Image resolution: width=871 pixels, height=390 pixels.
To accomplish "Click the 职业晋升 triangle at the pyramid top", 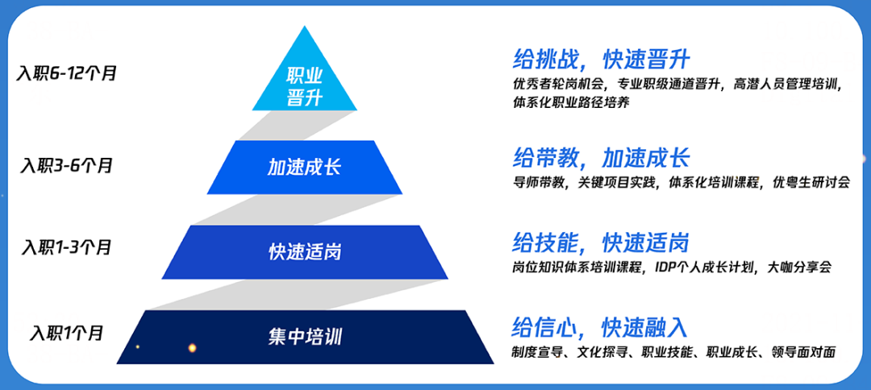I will point(304,85).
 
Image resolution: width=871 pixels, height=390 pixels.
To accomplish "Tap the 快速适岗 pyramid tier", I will point(304,251).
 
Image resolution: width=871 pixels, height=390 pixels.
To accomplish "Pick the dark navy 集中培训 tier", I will point(304,335).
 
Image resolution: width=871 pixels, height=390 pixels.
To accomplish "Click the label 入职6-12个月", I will point(67,73).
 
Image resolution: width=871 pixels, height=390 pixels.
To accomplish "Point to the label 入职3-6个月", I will point(67,165).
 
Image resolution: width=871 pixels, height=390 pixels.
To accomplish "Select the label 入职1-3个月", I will point(67,247).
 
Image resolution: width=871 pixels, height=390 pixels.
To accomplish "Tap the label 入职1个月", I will point(67,332).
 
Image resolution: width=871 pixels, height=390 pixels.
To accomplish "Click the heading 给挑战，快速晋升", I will point(602,59).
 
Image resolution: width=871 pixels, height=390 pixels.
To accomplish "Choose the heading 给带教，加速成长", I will point(602,157).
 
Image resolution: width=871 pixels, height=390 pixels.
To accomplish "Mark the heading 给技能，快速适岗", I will point(602,242).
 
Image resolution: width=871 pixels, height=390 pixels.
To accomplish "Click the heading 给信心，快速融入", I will point(600,327).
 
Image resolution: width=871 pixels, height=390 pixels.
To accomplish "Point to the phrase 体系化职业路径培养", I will point(570,103).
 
